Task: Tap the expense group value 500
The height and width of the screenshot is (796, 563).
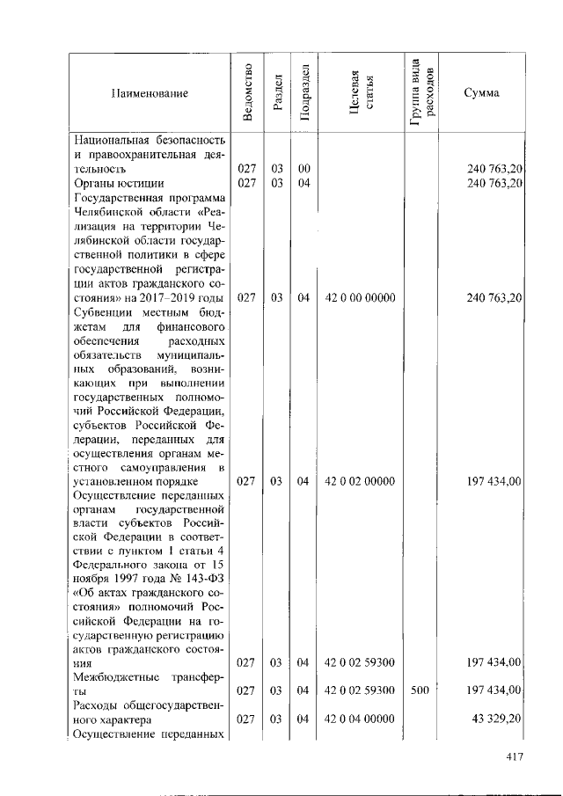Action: [x=420, y=690]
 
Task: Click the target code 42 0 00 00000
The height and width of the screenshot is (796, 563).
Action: [x=360, y=298]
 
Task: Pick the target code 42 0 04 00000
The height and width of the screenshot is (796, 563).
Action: [x=360, y=719]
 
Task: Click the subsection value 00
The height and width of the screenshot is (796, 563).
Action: [x=303, y=168]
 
